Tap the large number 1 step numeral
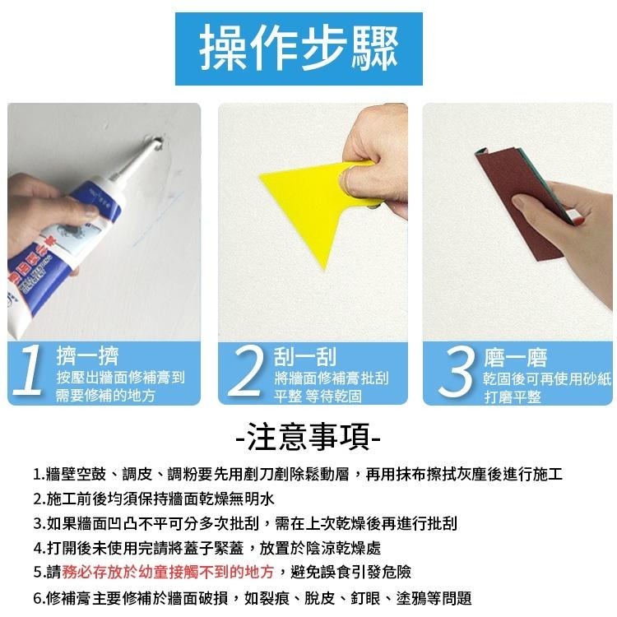pos(30,371)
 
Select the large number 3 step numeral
pos(457,371)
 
